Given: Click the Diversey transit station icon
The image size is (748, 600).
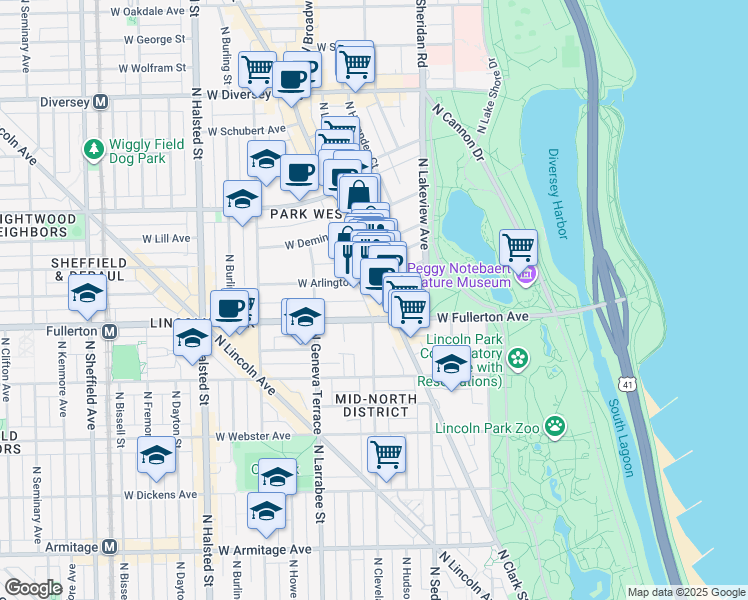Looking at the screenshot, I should (x=100, y=102).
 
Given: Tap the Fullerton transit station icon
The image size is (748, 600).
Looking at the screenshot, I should (x=110, y=330).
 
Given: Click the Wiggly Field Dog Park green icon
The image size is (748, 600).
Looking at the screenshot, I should (x=94, y=150).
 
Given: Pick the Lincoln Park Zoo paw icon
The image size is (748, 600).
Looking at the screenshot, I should (x=554, y=428).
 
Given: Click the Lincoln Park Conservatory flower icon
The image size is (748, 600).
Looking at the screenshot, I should (x=517, y=357).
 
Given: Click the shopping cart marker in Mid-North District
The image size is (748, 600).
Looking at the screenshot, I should (x=386, y=454).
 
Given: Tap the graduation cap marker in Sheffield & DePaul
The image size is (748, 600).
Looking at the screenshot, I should (x=88, y=293).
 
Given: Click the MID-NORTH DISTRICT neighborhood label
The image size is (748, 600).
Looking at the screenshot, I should (x=373, y=404).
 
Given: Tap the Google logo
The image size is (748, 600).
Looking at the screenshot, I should (x=34, y=588).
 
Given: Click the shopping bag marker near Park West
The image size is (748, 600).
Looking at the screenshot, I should (x=359, y=192).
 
